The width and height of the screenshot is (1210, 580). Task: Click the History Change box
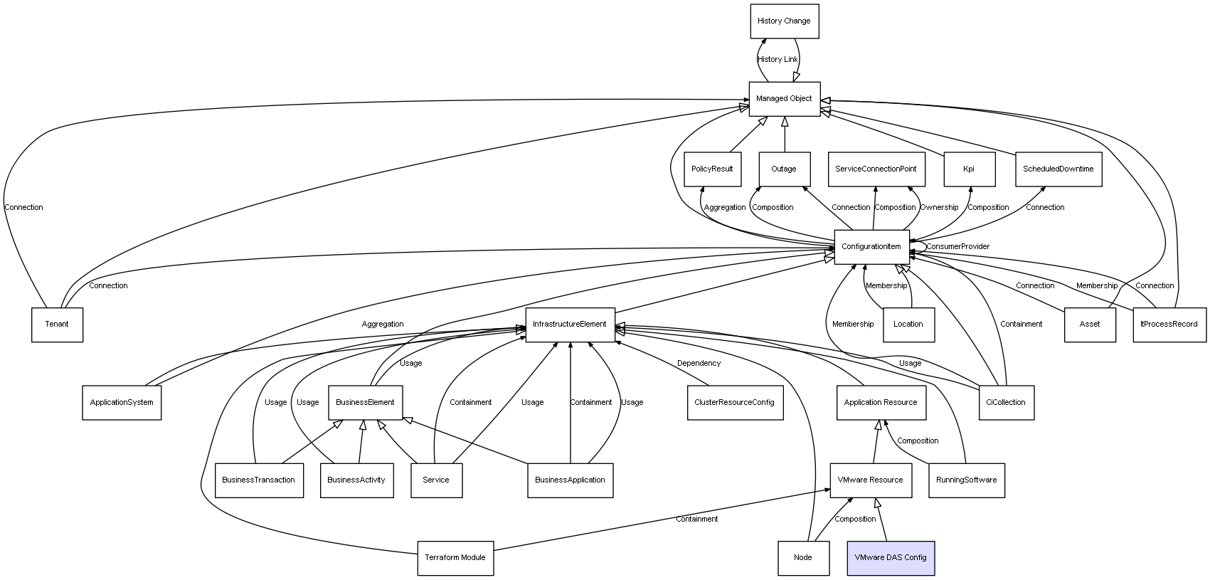pos(784,21)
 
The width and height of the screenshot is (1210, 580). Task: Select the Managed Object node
pos(784,99)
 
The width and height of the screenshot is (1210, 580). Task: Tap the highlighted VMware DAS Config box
pos(890,558)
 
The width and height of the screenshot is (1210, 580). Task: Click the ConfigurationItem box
pos(871,247)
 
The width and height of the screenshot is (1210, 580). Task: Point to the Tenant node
pos(57,325)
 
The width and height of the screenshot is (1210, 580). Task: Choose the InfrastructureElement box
pos(569,325)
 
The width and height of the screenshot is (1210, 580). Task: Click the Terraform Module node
pos(455,558)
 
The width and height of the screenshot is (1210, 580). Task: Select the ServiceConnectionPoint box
pos(875,169)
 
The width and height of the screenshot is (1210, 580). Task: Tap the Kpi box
pos(968,169)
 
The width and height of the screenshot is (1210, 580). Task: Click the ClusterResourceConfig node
pos(734,403)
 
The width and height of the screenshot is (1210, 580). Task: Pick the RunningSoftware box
pos(966,480)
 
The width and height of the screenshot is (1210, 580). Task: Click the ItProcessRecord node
pos(1169,325)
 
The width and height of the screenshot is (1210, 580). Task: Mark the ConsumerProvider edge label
pos(957,247)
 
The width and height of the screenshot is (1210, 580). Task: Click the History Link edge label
pos(778,60)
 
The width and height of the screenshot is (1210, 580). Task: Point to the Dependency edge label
pos(699,364)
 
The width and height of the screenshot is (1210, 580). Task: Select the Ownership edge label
pos(939,208)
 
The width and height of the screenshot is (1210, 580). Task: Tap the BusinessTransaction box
pos(258,480)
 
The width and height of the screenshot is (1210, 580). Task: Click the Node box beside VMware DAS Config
pos(802,558)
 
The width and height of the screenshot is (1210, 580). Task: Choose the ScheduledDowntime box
pos(1058,169)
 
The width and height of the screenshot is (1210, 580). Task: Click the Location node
pos(908,325)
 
